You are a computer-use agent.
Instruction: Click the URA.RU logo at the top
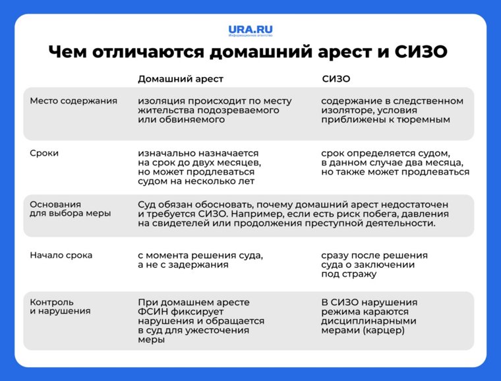pyautogui.click(x=250, y=30)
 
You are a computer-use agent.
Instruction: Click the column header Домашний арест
pyautogui.click(x=180, y=78)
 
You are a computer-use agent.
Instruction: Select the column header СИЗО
pyautogui.click(x=336, y=78)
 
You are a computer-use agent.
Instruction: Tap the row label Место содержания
pyautogui.click(x=73, y=101)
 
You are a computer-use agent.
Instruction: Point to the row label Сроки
pyautogui.click(x=44, y=152)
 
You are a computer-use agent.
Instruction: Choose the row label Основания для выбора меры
pyautogui.click(x=70, y=208)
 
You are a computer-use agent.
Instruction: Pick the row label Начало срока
pyautogui.click(x=61, y=255)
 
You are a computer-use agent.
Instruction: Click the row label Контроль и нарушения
pyautogui.click(x=60, y=307)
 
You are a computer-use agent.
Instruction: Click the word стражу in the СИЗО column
pyautogui.click(x=359, y=274)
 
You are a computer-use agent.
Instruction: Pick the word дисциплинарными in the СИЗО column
pyautogui.click(x=370, y=321)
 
